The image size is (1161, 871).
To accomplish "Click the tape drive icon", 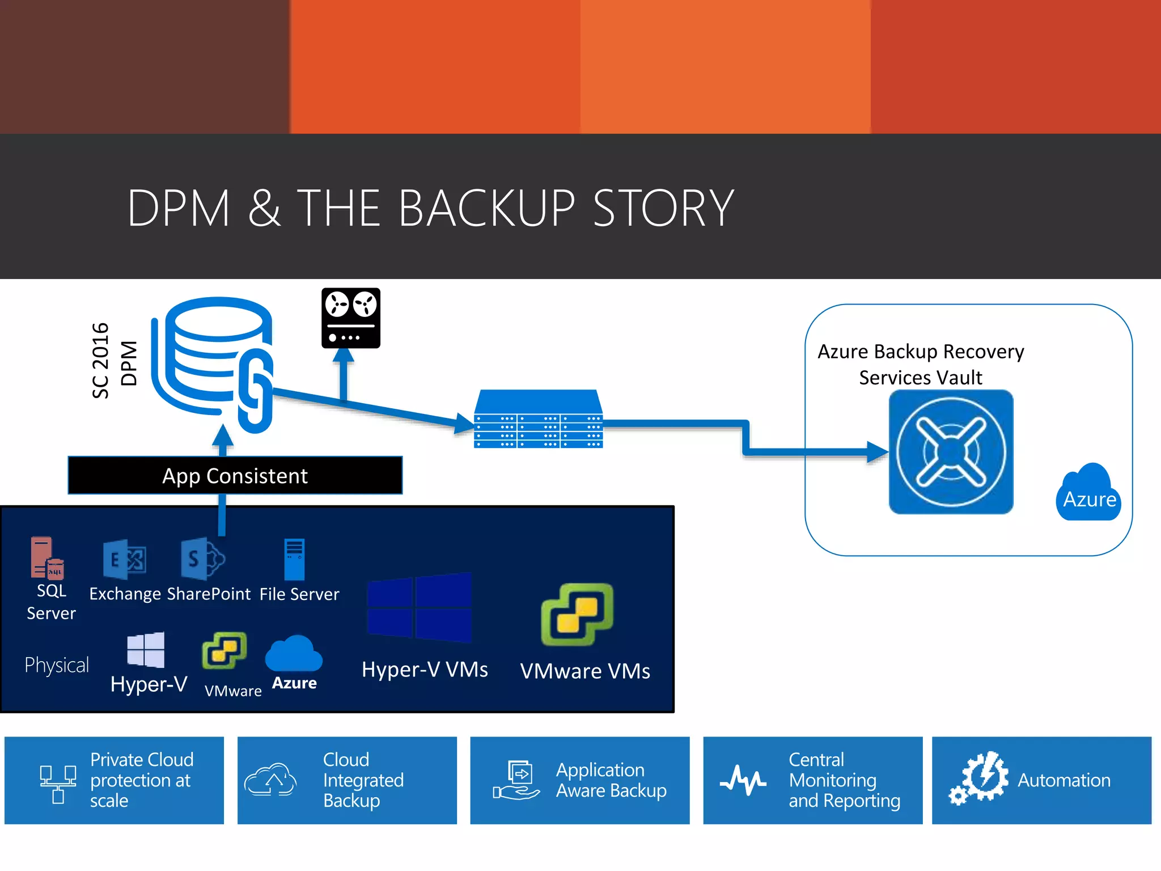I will click(x=350, y=318).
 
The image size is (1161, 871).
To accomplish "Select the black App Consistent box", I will click(x=235, y=475).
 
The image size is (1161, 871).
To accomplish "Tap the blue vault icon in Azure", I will click(x=951, y=452).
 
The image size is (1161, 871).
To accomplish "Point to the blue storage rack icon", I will click(x=538, y=420).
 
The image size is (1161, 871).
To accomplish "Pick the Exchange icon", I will click(x=124, y=559).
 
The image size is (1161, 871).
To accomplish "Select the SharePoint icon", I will click(x=202, y=559).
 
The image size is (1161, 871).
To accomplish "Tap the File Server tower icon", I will click(x=294, y=559).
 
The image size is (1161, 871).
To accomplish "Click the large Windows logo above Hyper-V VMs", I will click(x=420, y=607).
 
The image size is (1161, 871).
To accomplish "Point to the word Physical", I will click(x=57, y=665).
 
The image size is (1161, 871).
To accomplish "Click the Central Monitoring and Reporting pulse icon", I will click(x=743, y=780).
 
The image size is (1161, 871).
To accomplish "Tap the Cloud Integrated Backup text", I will click(x=363, y=780).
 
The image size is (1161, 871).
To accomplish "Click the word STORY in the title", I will click(x=663, y=208).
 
